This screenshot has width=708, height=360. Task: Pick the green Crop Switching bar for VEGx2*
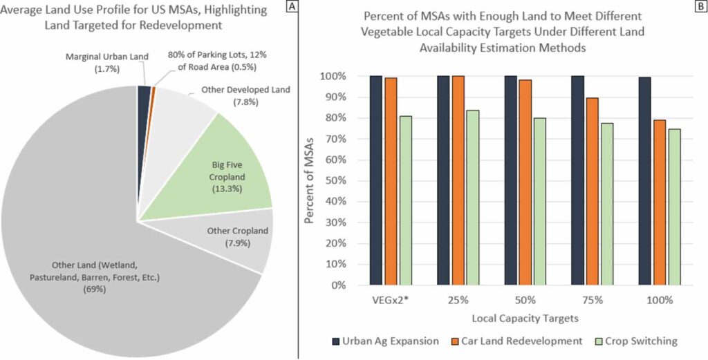(x=405, y=200)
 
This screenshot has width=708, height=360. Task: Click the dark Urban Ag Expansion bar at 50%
(x=510, y=180)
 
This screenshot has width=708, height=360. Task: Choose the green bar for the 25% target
(x=472, y=197)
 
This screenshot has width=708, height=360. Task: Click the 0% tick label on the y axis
(x=332, y=285)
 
